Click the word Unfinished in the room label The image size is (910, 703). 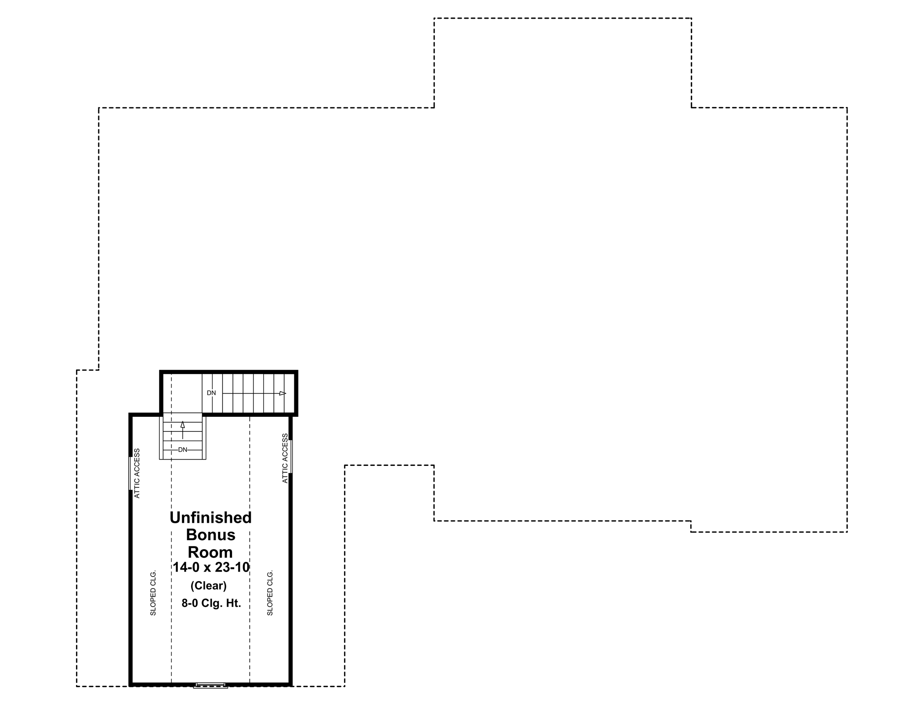pos(211,517)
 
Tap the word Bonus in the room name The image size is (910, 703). pos(211,535)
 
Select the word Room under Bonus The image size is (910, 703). pos(210,552)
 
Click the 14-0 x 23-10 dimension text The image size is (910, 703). pos(211,567)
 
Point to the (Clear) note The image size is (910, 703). pos(208,586)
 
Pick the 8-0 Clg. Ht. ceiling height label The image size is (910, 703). pos(211,603)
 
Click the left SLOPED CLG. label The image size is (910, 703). pos(153,592)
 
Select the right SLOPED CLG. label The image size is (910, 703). pos(270,592)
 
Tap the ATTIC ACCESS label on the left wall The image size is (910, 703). pos(137,473)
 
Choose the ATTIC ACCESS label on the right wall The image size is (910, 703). pos(285,458)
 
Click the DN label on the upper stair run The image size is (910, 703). pos(212,393)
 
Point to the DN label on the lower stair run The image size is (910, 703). pos(182,450)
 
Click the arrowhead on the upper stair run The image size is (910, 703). pos(283,393)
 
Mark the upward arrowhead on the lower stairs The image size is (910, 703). pos(182,425)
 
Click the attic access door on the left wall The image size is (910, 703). pos(130,473)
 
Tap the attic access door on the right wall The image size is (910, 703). pos(291,456)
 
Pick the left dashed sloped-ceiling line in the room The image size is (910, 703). pos(172,569)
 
